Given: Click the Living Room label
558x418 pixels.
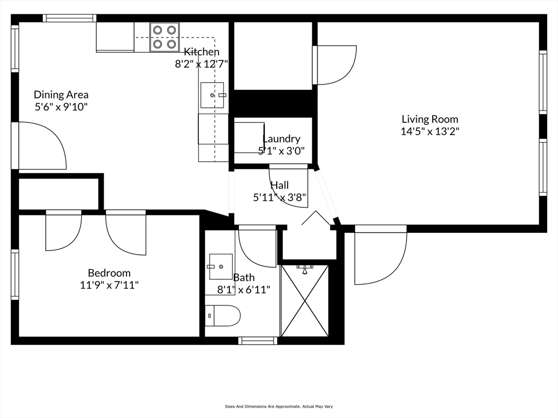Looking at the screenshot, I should pos(429,119).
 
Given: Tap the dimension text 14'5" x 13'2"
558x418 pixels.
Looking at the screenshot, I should pos(429,131).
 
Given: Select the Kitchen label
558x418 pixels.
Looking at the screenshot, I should pos(202,52).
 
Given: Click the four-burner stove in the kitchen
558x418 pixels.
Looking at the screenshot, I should pos(165,37).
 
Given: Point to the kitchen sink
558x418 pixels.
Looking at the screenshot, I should pos(213,95).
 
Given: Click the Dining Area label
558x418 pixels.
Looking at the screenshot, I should pos(61,95).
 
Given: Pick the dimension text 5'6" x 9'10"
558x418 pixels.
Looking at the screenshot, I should pos(61,107).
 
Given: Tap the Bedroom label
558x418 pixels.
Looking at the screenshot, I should pos(109,273).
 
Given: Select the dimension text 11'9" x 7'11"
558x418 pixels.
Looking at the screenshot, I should pos(109,285).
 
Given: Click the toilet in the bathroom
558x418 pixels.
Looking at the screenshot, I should pos(223,316).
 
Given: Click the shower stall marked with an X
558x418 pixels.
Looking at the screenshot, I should pos(305,300).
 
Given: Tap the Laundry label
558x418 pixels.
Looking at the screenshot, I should pos(281,139).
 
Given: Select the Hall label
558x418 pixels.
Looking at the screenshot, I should pos(280,186).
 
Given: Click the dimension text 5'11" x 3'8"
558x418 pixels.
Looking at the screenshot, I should pos(280,198).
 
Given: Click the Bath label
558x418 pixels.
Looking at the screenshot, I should pos(244,278).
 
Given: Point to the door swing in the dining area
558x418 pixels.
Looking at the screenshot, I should pos(41,145).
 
